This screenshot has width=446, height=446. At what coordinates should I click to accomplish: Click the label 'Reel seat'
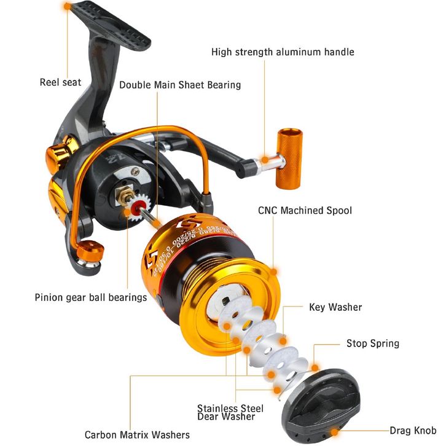(60, 82)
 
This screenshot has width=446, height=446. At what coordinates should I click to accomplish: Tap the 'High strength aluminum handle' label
(283, 52)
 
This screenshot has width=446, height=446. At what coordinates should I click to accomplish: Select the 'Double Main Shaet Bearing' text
(180, 85)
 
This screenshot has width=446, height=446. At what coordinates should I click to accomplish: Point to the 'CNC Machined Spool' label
(305, 211)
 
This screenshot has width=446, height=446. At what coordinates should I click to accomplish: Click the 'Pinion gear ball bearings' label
(91, 297)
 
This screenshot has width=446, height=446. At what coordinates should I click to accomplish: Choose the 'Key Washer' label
(335, 307)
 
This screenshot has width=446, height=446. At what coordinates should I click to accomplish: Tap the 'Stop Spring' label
(372, 343)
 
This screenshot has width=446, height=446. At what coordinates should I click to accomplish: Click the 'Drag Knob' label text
(413, 431)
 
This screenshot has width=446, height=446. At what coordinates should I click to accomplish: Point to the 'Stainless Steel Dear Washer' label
(230, 412)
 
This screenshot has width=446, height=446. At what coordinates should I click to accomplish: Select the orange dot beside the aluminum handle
(264, 160)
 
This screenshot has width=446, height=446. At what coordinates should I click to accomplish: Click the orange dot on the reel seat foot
(66, 7)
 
